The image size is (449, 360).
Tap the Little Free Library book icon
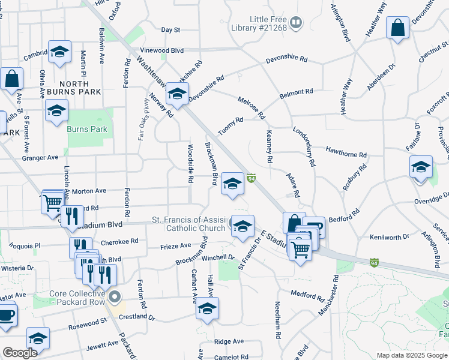click(295, 23)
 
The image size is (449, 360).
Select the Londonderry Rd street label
click(304, 146)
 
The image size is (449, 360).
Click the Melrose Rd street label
click(251, 107)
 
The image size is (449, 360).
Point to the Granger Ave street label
click(40, 157)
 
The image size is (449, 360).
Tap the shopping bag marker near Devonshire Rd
click(397, 28)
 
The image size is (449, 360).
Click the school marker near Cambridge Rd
click(59, 52)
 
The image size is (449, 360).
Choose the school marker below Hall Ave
click(207, 308)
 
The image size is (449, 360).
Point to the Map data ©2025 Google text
click(411, 355)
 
